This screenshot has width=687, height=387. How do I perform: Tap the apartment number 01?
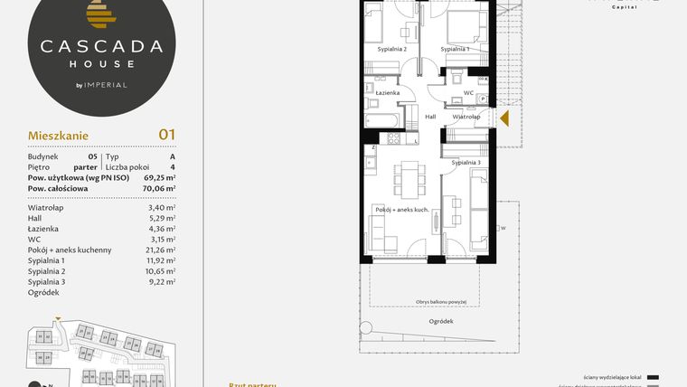[166, 135]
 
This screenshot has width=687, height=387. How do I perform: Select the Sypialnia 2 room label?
[391, 49]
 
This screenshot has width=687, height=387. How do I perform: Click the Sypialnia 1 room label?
[455, 49]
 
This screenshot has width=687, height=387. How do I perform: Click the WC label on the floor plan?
[468, 92]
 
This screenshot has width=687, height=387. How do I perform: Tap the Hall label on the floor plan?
[430, 117]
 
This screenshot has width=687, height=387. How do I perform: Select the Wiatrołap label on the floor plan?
[466, 117]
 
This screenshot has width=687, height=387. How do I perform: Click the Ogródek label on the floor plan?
[441, 321]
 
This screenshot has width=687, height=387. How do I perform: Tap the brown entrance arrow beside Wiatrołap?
[504, 118]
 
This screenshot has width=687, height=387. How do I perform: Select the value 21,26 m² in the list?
[160, 250]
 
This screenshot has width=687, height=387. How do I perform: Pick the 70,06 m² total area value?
[158, 188]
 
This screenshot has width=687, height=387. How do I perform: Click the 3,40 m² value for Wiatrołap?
[161, 207]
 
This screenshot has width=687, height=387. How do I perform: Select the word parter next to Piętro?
[86, 166]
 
